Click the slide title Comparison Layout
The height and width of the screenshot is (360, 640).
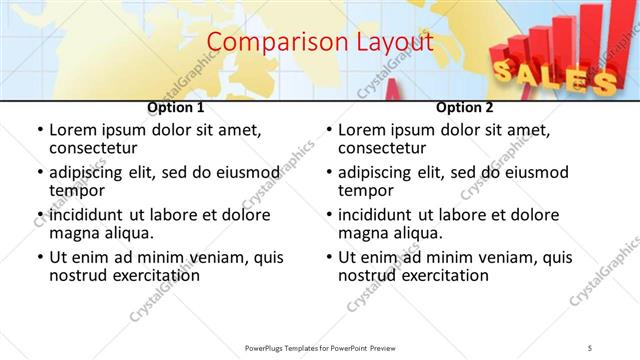coord(320,43)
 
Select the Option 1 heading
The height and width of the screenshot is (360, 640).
coord(176,107)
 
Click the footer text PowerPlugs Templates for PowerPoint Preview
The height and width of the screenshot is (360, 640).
coord(320,347)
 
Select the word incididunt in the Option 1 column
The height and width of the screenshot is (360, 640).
coord(91,215)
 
